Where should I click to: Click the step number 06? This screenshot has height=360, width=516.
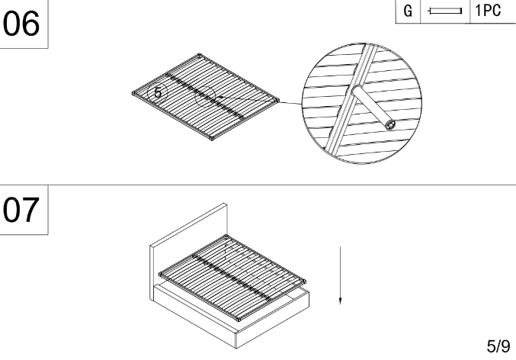coord(21,24)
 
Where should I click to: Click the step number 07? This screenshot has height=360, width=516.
coord(21,210)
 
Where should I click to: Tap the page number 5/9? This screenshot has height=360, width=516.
coord(498,346)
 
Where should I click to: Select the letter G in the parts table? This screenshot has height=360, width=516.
coord(408,11)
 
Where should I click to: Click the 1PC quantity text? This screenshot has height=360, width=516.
coord(488,11)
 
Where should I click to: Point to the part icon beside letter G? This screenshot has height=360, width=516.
coord(444,11)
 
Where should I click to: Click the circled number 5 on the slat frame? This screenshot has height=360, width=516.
coord(158,92)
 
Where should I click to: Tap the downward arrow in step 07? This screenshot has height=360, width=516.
coord(340,275)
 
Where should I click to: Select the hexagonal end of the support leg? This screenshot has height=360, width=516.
coord(390,125)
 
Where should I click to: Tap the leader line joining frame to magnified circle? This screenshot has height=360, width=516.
coord(258,100)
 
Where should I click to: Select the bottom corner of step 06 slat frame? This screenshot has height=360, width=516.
coord(212,139)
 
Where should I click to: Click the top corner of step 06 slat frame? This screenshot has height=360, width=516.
coord(199,55)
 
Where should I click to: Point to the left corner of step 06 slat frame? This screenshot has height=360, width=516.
coord(133,94)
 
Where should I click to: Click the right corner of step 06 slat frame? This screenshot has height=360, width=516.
coord(277,100)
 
